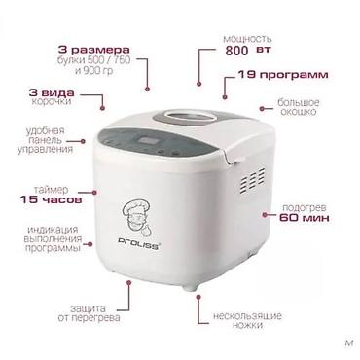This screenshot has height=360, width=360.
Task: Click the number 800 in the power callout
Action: tap(236, 51)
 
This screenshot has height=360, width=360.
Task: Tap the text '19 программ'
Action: tap(283, 75)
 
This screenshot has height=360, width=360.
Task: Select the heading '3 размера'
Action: tap(94, 51)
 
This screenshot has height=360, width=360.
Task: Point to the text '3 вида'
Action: tap(52, 93)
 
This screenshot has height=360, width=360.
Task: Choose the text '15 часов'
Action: tap(51, 199)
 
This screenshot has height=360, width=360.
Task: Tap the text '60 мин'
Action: tap(305, 218)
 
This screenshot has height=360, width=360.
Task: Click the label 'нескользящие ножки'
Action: tap(247, 320)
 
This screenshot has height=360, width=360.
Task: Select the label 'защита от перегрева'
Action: tap(89, 313)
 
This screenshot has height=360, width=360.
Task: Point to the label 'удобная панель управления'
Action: tap(45, 140)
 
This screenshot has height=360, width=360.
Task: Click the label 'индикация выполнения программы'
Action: tap(54, 239)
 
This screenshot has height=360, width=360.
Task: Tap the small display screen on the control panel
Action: tap(148, 142)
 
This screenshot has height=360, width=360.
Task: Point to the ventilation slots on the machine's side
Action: tap(252, 181)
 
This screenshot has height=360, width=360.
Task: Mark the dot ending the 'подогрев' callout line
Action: tap(265, 214)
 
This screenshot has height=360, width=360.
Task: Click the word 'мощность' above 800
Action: tap(247, 39)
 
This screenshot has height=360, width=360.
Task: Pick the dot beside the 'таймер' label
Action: tap(94, 192)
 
